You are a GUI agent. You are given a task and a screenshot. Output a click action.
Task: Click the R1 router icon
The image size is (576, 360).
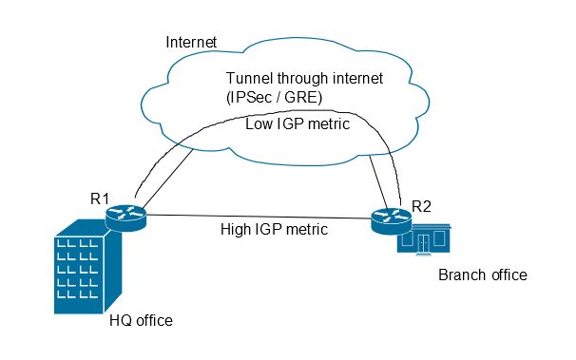[126, 218]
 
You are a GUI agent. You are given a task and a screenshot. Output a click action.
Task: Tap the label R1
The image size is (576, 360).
[101, 199]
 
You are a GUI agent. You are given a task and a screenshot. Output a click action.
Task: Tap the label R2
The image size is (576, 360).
[421, 205]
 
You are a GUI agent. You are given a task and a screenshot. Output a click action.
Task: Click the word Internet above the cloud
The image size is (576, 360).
[191, 42]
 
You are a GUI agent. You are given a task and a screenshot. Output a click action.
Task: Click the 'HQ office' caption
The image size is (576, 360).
[141, 321]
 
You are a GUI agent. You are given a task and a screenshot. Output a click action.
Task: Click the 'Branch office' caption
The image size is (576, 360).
[481, 275]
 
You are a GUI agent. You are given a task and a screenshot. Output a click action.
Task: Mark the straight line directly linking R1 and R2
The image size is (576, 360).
[257, 218]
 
